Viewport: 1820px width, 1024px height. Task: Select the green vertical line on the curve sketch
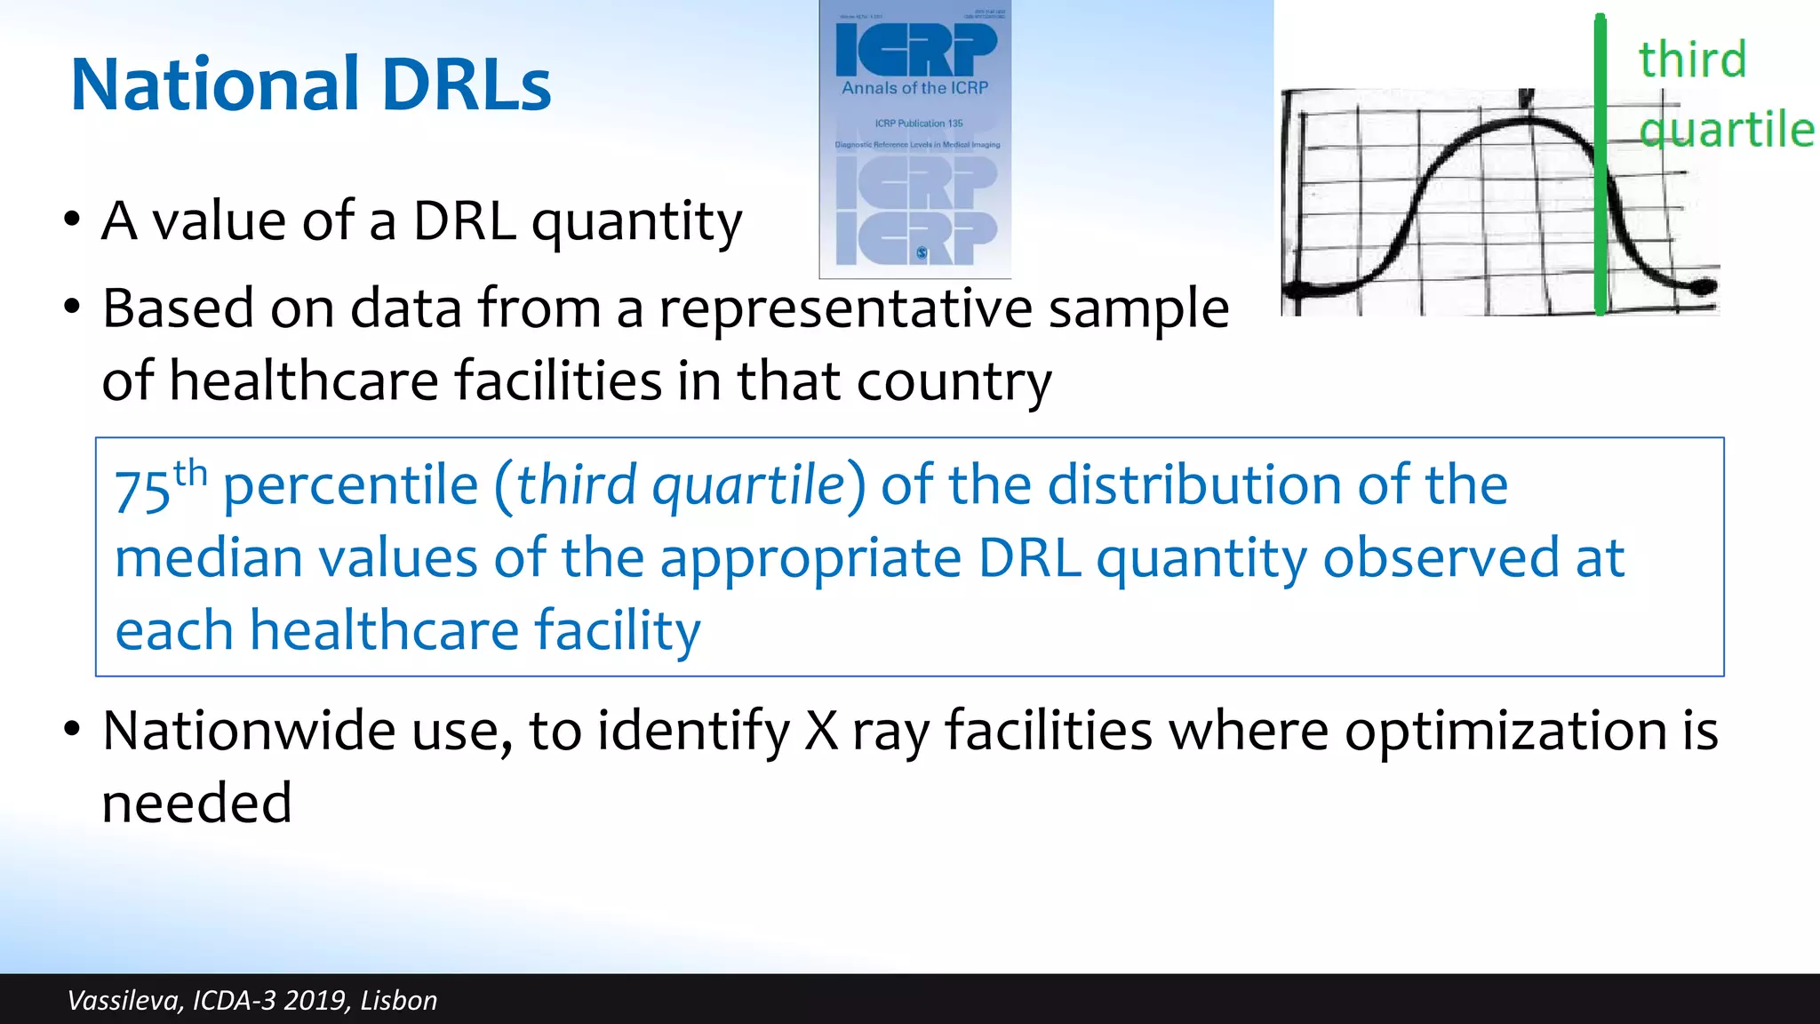pyautogui.click(x=1600, y=169)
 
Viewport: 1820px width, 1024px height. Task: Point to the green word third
pyautogui.click(x=1692, y=60)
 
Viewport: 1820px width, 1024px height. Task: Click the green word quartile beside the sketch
pyautogui.click(x=1726, y=130)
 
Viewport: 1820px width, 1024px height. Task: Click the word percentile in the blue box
pyautogui.click(x=350, y=486)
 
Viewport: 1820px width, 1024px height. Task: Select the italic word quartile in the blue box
pyautogui.click(x=747, y=486)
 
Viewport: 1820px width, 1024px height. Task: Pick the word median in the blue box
pyautogui.click(x=209, y=558)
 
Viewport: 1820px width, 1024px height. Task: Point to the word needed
pyautogui.click(x=196, y=803)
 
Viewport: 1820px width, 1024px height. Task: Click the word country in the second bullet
pyautogui.click(x=954, y=381)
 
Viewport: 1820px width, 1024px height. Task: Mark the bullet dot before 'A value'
pyautogui.click(x=72, y=220)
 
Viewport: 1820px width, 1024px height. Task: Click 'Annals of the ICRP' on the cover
pyautogui.click(x=914, y=88)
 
